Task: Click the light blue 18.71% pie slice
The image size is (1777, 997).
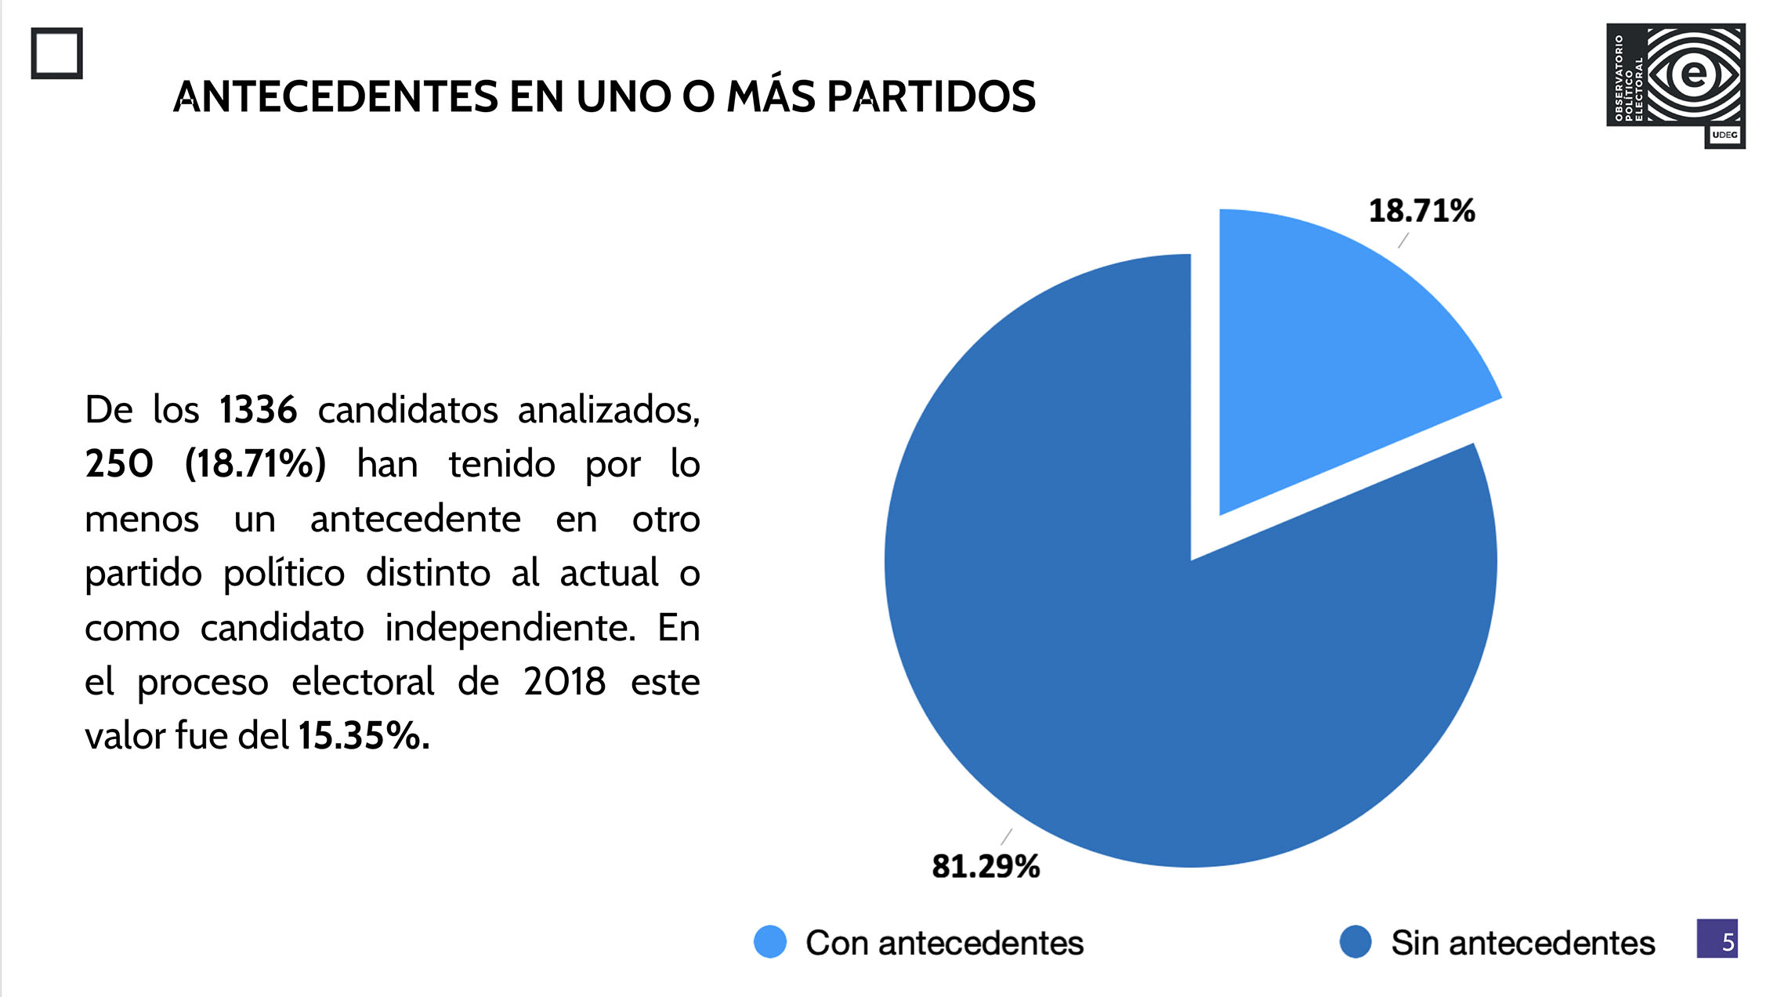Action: point(1332,353)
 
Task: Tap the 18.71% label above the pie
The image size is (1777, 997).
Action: point(1421,211)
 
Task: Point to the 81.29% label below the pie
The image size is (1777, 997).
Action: point(985,866)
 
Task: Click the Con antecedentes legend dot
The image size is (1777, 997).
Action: point(769,941)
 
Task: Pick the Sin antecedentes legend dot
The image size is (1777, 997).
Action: point(1355,941)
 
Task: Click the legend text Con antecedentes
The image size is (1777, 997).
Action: point(944,943)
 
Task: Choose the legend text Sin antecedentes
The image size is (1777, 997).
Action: point(1522,943)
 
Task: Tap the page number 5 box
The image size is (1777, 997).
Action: point(1717,938)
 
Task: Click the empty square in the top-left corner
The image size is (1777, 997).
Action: point(56,53)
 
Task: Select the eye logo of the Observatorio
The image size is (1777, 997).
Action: point(1692,74)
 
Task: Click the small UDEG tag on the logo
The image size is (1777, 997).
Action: point(1725,135)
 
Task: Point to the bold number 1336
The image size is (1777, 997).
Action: point(258,410)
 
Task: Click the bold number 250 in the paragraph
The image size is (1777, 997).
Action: point(119,464)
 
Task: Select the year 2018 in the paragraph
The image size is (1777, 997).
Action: point(564,681)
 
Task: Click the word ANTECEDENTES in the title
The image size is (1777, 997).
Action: point(335,96)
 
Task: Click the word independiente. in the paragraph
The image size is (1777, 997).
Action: point(510,628)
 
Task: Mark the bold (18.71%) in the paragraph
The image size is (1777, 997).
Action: point(255,464)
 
